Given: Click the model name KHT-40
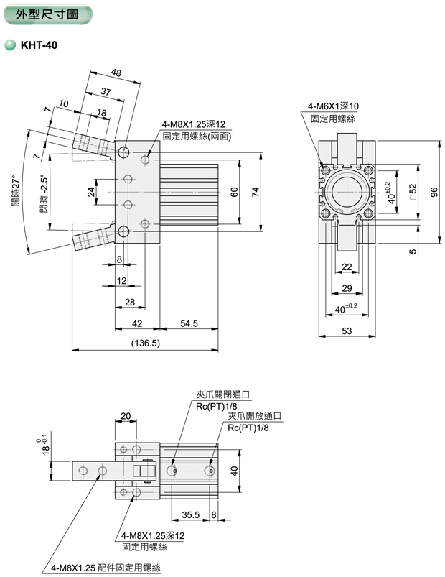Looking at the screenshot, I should point(38,45).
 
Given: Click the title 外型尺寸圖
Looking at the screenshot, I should point(49,14).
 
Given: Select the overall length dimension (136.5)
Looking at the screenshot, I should point(146,343).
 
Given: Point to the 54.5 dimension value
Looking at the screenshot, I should point(189,324).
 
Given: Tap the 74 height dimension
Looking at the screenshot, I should point(254,192).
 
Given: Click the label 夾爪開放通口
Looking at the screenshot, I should point(255,416).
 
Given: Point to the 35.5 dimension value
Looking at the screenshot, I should point(189,515).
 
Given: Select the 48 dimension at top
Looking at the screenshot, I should point(116,73).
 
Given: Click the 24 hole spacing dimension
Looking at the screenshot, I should point(91,192).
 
